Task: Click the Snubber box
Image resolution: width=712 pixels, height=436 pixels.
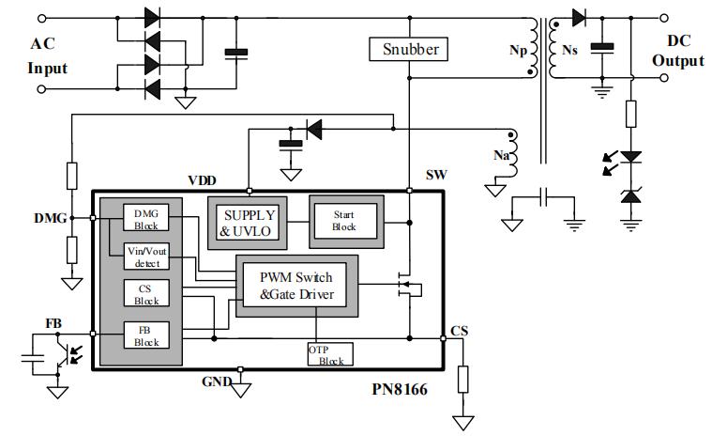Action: tap(410, 48)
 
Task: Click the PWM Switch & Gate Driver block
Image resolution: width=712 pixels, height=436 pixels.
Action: tap(295, 286)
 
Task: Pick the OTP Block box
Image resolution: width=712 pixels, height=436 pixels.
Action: tap(329, 354)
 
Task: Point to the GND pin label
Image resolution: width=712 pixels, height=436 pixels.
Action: tap(215, 381)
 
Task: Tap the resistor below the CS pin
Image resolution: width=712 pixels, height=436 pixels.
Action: tap(462, 379)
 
